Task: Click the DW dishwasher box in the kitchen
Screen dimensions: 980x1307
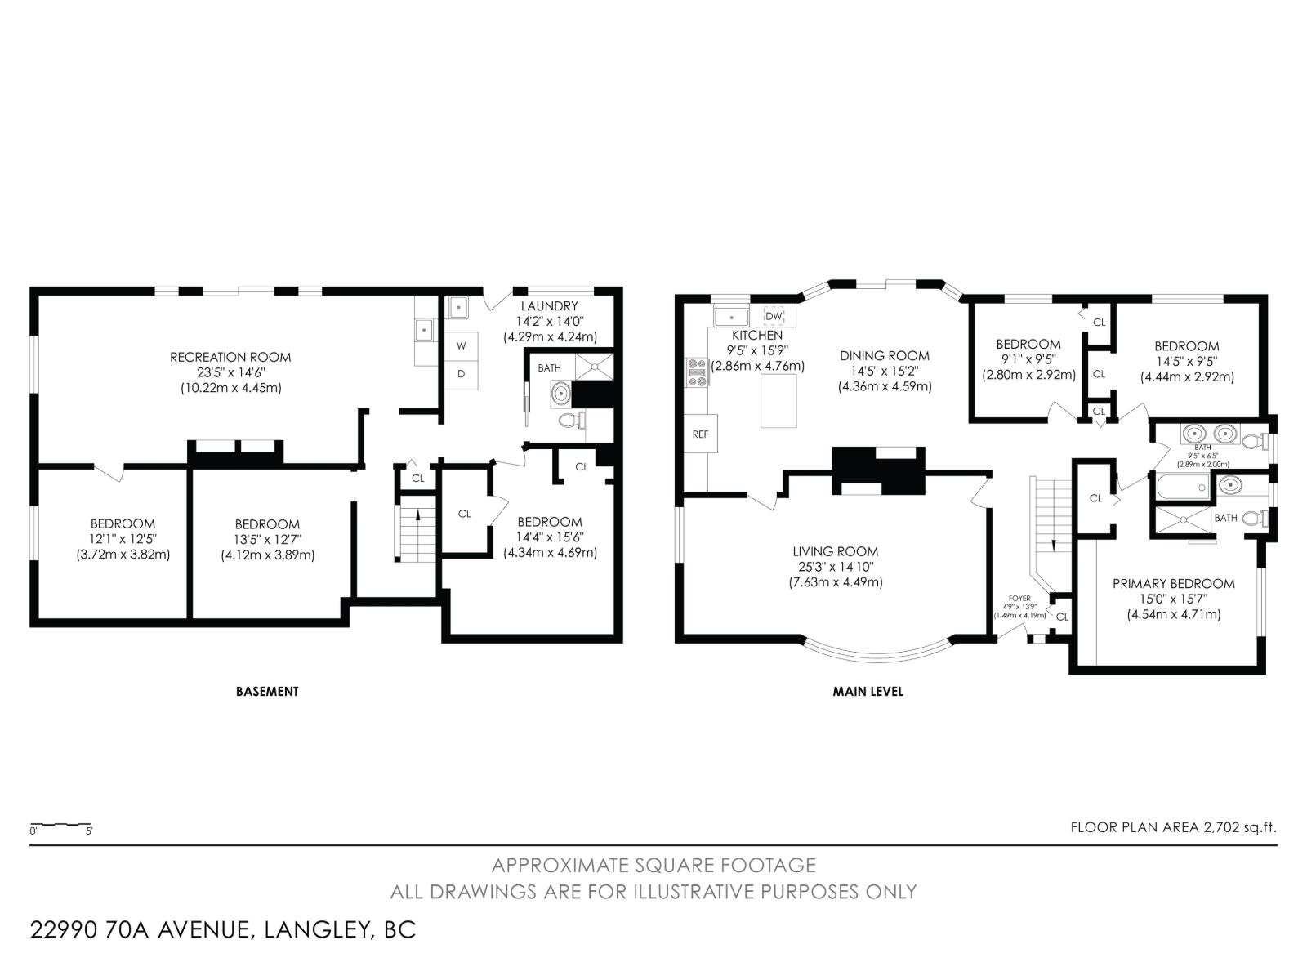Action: [x=774, y=316]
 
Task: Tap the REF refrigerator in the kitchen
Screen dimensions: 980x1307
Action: [x=701, y=434]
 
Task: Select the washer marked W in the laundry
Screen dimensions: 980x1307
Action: [x=462, y=346]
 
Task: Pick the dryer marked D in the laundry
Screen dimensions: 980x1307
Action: [x=462, y=374]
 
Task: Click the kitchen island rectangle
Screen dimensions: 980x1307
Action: [x=778, y=400]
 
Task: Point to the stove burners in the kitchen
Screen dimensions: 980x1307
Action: [x=697, y=372]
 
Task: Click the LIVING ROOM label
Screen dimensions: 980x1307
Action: [x=835, y=551]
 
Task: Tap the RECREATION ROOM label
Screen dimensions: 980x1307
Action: [x=230, y=357]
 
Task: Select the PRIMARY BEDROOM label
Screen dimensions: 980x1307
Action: [x=1173, y=583]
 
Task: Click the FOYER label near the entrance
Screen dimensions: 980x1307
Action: [x=1019, y=599]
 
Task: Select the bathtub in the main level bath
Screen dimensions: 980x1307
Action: [x=1183, y=488]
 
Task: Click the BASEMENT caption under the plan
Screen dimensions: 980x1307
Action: [x=267, y=691]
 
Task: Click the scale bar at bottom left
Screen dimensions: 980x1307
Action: [x=60, y=826]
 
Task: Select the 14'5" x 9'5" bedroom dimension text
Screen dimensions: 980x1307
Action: [x=1186, y=361]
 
